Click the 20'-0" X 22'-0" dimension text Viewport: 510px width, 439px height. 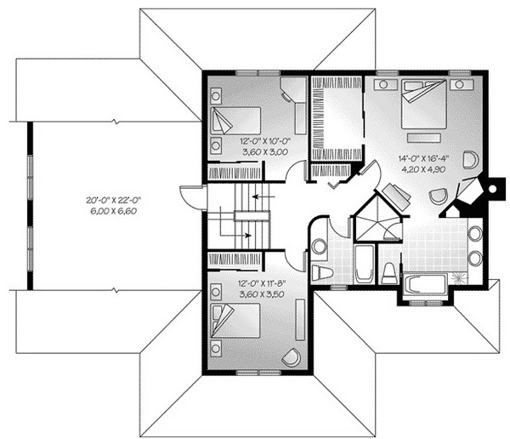[x=114, y=200]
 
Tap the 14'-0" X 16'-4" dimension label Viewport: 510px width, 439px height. [x=423, y=158]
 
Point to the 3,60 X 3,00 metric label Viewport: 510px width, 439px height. [x=265, y=151]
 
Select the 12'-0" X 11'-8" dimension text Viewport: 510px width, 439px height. [x=262, y=283]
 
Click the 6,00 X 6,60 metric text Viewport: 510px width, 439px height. [x=114, y=211]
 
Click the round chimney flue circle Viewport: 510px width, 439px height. [x=493, y=189]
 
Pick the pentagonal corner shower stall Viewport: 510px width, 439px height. [x=377, y=218]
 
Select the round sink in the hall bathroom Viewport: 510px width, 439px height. [x=320, y=246]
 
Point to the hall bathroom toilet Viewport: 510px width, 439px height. [x=322, y=272]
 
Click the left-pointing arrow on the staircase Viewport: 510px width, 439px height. [x=263, y=197]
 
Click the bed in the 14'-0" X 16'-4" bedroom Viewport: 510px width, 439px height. [x=423, y=104]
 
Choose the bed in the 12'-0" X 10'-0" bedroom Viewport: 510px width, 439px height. [x=235, y=121]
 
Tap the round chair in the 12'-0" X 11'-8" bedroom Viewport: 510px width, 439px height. [x=291, y=357]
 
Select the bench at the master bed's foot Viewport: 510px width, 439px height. [x=423, y=138]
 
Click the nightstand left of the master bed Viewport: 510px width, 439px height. [x=385, y=84]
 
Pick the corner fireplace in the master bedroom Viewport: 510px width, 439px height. [x=469, y=191]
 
